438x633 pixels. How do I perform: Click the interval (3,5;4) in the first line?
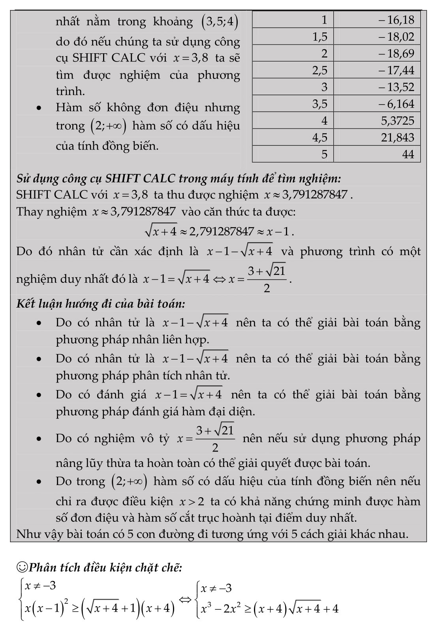click(x=220, y=22)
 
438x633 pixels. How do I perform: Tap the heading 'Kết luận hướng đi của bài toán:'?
click(x=101, y=304)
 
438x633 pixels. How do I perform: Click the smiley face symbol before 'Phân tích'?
click(x=22, y=568)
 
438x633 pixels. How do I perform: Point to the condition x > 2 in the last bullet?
click(x=192, y=502)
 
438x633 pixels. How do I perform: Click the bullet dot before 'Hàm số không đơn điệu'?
click(x=38, y=108)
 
